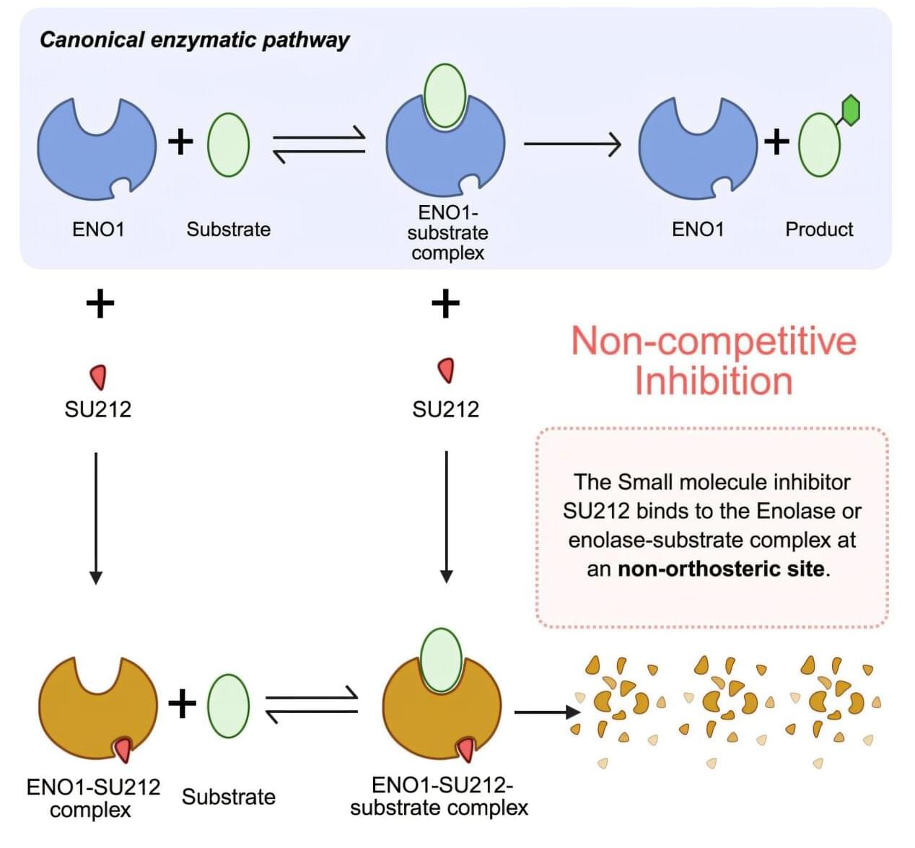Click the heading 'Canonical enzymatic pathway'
tap(194, 40)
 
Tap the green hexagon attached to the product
tap(851, 110)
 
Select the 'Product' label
tap(818, 230)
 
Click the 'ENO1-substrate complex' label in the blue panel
tap(447, 232)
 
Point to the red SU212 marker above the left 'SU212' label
tap(98, 376)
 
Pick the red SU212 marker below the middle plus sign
tap(447, 370)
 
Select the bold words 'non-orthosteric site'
tap(721, 569)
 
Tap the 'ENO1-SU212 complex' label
tap(92, 797)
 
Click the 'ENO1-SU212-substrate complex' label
tap(439, 796)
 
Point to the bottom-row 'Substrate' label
tap(228, 797)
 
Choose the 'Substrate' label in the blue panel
tap(228, 230)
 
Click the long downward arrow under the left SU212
tap(96, 516)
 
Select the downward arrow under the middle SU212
tap(447, 516)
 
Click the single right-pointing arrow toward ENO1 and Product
tap(572, 144)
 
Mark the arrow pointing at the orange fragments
tap(546, 712)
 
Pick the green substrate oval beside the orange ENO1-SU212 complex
tap(228, 705)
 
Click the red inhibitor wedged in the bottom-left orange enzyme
tap(123, 750)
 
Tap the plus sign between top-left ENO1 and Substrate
tap(180, 141)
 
